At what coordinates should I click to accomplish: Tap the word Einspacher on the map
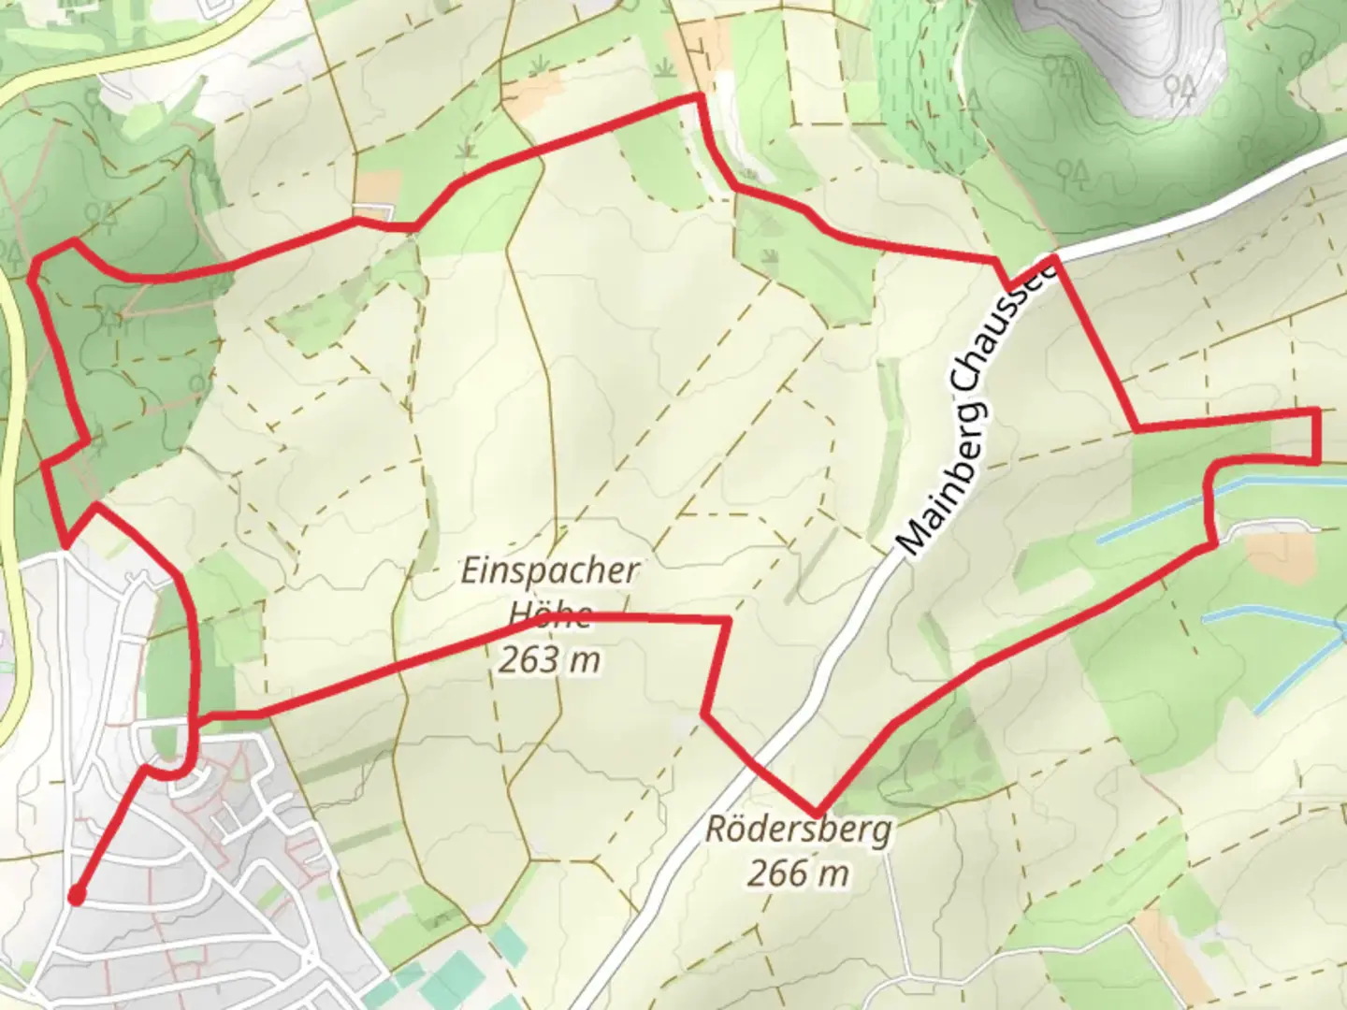[x=548, y=571]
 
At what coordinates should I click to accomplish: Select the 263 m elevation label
[x=548, y=660]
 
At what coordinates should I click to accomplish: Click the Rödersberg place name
[x=798, y=830]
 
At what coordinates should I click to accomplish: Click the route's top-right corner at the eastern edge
[x=1317, y=411]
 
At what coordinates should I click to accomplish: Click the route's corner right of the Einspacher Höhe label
[x=727, y=620]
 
